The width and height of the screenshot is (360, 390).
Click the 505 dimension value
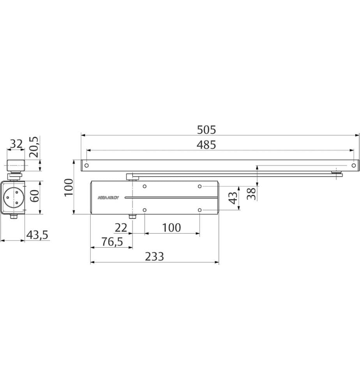point(206,129)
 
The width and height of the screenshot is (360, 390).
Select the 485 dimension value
point(206,145)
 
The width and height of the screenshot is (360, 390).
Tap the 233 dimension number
point(155,257)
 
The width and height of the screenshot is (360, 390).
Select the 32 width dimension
point(16,144)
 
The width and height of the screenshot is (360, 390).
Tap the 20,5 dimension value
point(35,146)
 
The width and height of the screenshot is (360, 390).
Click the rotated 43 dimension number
point(233,197)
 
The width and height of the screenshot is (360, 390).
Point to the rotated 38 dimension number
point(252,194)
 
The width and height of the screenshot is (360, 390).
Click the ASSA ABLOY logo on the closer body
point(108,198)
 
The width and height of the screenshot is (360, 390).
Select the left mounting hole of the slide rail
point(86,165)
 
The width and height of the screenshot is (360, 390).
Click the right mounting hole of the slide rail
point(353,165)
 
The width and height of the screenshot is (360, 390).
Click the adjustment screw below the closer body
point(132,216)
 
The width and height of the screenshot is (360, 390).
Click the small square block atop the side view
point(16,165)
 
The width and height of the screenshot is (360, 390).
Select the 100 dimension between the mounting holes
point(172,227)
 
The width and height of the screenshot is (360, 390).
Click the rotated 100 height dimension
point(68,188)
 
